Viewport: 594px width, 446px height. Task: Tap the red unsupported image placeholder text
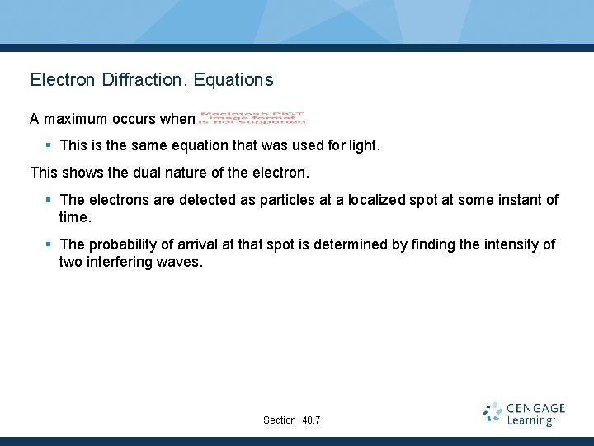pyautogui.click(x=252, y=118)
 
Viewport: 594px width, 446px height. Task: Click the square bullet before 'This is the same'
pyautogui.click(x=49, y=145)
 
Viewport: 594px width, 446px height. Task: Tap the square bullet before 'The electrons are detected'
pyautogui.click(x=49, y=200)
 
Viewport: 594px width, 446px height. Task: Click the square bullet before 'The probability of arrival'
pyautogui.click(x=49, y=244)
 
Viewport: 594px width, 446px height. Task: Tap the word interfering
pyautogui.click(x=121, y=262)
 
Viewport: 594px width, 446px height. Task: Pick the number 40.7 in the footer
pyautogui.click(x=312, y=420)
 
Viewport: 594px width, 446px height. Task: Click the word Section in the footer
pyautogui.click(x=280, y=420)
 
